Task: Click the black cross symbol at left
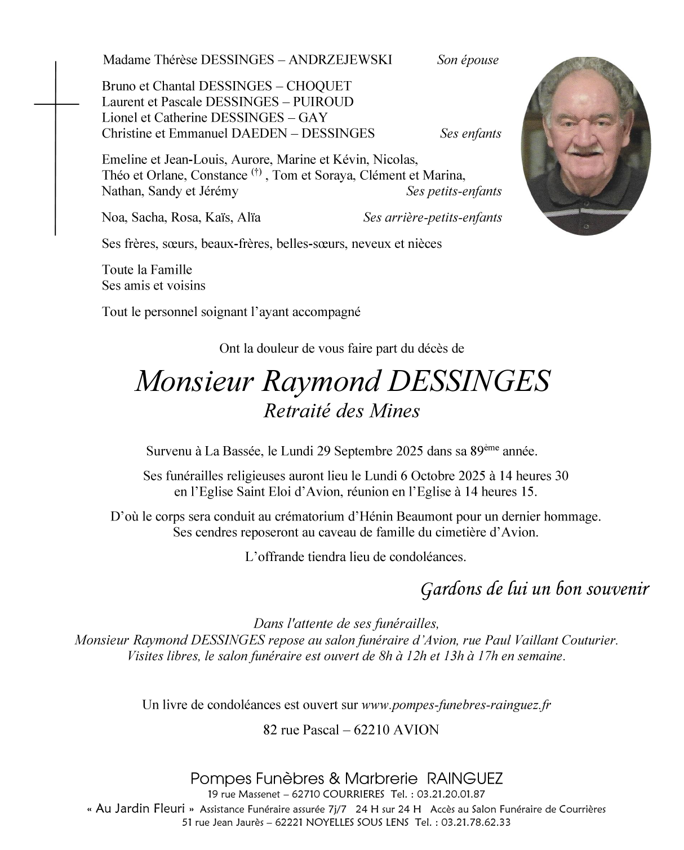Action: pyautogui.click(x=56, y=105)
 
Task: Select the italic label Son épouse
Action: pyautogui.click(x=467, y=60)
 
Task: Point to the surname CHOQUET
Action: pyautogui.click(x=318, y=86)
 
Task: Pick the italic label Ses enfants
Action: pyautogui.click(x=470, y=134)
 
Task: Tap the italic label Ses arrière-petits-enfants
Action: pyautogui.click(x=432, y=217)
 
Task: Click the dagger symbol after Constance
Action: pyautogui.click(x=257, y=172)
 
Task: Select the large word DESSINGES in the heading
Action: pyautogui.click(x=469, y=381)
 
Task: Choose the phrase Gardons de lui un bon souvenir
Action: pyautogui.click(x=535, y=589)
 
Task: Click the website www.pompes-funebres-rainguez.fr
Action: pyautogui.click(x=456, y=705)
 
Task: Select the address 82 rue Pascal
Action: pyautogui.click(x=301, y=730)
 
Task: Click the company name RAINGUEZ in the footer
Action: pyautogui.click(x=465, y=779)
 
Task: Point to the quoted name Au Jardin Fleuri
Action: pyautogui.click(x=141, y=809)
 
